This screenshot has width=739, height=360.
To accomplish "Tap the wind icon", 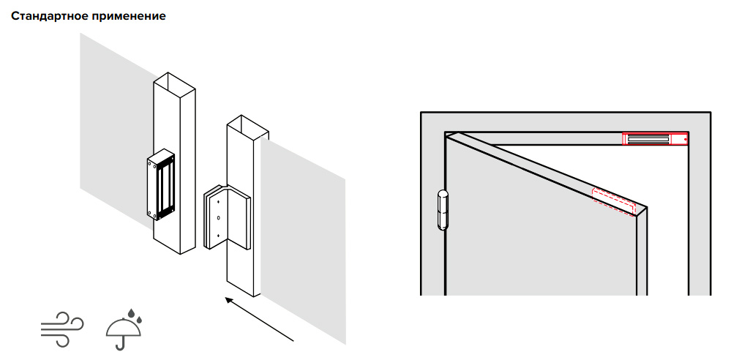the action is (62, 329).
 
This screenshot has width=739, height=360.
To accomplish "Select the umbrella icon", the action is (124, 329).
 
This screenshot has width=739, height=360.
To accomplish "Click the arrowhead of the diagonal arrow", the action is (230, 301).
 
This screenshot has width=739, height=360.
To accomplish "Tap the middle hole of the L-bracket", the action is (218, 218).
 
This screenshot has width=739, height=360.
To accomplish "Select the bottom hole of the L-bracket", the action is (218, 235).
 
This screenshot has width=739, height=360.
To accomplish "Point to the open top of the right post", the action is (247, 125).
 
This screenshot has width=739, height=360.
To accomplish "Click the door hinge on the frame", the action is (443, 210).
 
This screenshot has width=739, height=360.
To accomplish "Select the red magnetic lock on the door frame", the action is (655, 139).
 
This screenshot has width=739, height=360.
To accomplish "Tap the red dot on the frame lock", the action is (685, 139).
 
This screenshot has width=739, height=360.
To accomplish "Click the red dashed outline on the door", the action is (614, 202).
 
